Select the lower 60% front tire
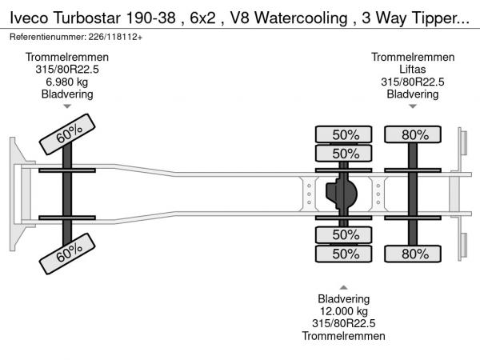68,256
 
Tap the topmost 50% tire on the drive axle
345,134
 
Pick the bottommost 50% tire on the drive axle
345,254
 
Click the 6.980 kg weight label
67,82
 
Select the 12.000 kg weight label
343,310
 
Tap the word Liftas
413,70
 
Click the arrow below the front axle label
67,106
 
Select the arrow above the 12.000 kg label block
343,287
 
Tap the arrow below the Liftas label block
413,106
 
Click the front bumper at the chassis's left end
14,194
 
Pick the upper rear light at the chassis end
462,144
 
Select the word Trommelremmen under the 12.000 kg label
343,336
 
